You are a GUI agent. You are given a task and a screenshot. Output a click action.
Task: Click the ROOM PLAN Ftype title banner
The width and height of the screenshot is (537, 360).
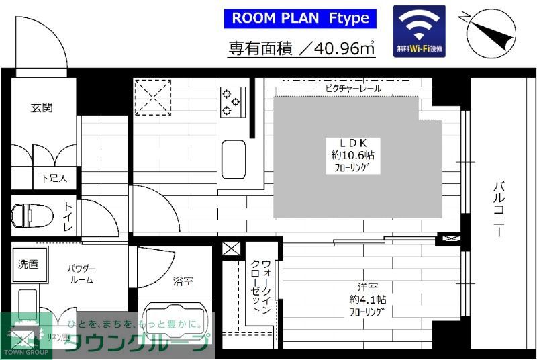coord(300,18)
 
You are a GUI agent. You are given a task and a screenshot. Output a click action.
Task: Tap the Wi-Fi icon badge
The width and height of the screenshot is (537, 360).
coord(420,31)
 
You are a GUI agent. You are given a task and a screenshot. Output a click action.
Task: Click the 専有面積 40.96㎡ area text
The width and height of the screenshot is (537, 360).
coord(300,48)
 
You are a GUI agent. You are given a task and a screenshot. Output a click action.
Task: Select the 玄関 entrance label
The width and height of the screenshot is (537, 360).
coord(42,107)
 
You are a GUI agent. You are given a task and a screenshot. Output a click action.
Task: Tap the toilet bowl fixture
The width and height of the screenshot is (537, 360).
coord(31,216)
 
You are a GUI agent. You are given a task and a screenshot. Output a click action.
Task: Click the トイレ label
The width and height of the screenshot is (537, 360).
coord(69,218)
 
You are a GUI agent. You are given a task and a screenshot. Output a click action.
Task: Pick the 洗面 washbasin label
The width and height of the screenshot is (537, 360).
coord(28,264)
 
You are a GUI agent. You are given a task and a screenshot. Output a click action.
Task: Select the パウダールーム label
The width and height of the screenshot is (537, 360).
coord(80,274)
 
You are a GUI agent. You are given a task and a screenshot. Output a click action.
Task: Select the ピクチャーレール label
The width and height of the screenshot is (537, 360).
coord(353,88)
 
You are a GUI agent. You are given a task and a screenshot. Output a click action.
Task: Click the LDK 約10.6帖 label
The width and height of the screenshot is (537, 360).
coord(352,156)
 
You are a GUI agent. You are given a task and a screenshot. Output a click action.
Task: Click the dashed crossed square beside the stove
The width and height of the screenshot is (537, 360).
coord(153,97)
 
